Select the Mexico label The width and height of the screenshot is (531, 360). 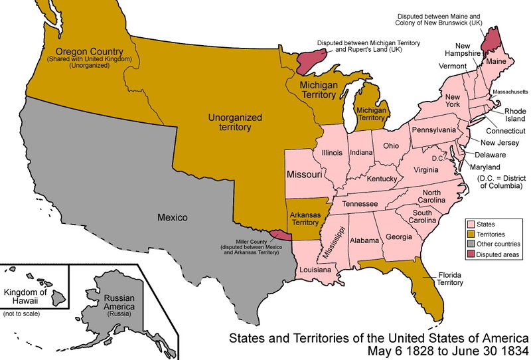(173, 217)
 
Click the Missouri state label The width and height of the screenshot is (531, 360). (305, 175)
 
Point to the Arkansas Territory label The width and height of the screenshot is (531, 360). (306, 219)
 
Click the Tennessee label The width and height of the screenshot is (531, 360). (359, 203)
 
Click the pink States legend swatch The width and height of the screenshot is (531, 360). (473, 225)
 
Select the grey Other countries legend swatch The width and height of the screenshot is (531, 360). (473, 244)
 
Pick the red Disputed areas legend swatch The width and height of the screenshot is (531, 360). (473, 254)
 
